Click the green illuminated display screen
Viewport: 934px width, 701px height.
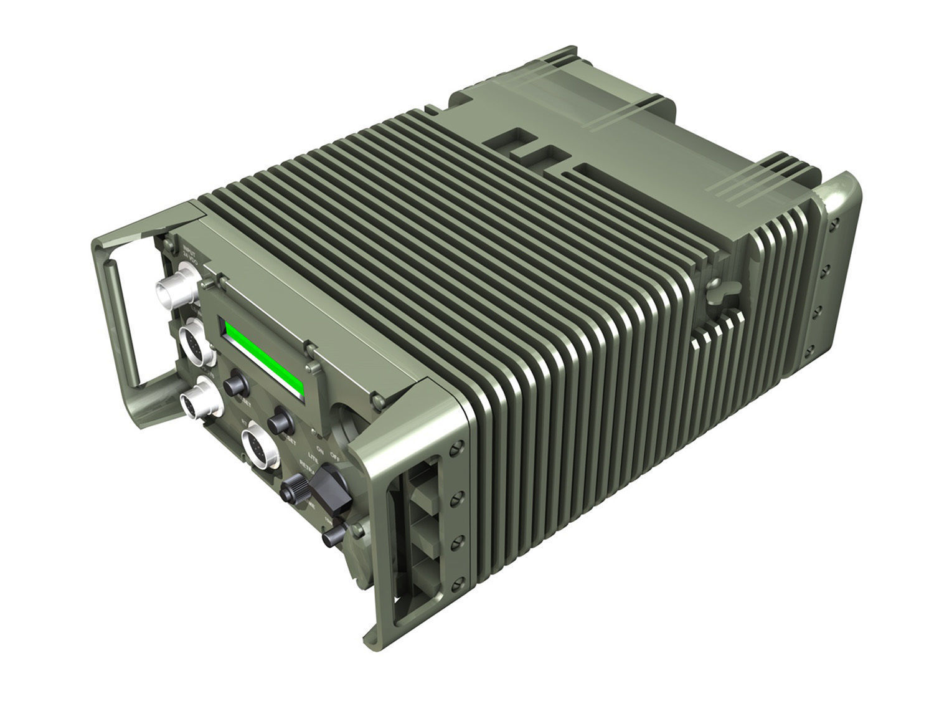[x=263, y=359]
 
